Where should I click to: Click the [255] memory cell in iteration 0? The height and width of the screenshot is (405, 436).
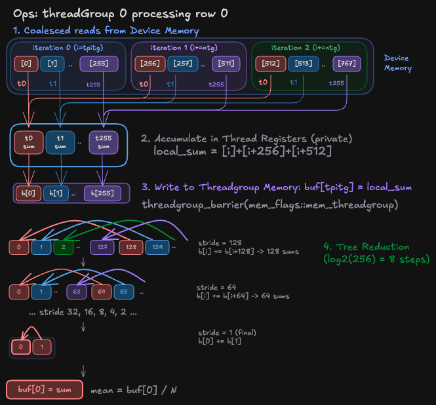tap(99, 64)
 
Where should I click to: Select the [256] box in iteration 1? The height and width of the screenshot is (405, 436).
tap(150, 64)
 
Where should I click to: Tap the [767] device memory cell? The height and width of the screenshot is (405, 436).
tap(346, 64)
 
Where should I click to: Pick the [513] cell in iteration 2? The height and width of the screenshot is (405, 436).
tap(304, 64)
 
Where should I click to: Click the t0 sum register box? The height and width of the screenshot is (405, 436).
tap(29, 142)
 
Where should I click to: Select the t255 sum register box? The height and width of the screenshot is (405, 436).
tap(104, 142)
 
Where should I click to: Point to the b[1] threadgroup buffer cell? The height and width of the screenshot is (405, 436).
tap(56, 193)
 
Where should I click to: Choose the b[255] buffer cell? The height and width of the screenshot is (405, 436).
tap(102, 193)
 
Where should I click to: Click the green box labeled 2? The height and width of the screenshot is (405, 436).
tap(64, 247)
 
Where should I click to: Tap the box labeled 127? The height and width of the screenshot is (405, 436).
tap(102, 247)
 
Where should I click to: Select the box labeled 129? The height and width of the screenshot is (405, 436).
tap(157, 247)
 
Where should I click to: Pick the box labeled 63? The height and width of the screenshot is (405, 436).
tap(77, 292)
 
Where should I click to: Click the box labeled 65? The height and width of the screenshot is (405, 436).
tap(124, 292)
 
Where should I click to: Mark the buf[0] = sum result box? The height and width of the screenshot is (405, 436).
tap(45, 389)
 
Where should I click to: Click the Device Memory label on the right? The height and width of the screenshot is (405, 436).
tap(397, 63)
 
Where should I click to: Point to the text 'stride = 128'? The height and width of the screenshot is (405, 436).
tap(220, 243)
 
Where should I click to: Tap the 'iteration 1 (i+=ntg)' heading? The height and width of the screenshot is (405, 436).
tap(184, 48)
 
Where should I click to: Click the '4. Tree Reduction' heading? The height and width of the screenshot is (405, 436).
tap(367, 247)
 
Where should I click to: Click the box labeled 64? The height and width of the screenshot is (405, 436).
tap(102, 292)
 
